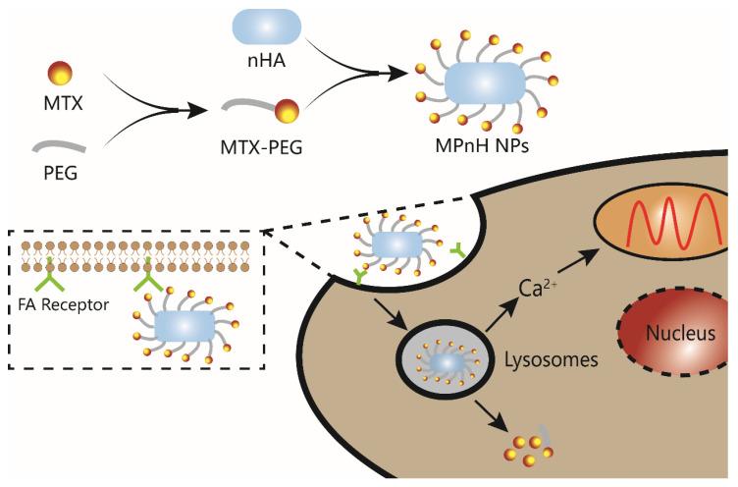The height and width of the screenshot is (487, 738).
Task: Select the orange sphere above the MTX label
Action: coord(58,73)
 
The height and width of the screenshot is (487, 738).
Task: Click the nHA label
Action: coord(267,60)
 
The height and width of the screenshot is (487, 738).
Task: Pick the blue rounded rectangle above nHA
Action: coord(267,27)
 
